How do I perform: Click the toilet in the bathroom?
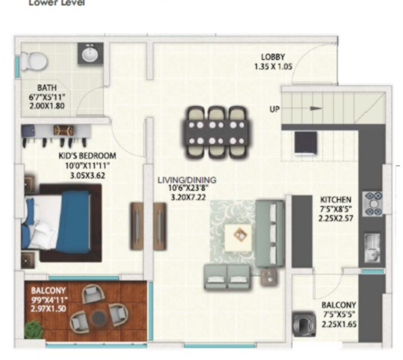tap(32, 59)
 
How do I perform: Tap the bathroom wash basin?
tap(88, 55)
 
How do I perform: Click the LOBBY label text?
tap(273, 57)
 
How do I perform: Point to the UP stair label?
tap(274, 109)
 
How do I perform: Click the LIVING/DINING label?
tap(187, 180)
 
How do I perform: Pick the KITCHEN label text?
tap(336, 198)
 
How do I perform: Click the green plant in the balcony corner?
tap(33, 329)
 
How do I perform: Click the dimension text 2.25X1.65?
tap(339, 325)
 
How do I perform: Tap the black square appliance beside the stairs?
tap(305, 142)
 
